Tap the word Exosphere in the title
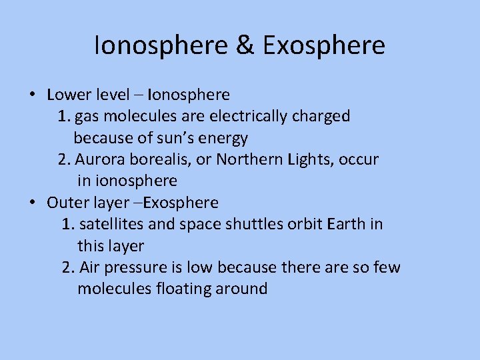tap(324, 45)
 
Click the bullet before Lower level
tap(32, 95)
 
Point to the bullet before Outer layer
tap(32, 202)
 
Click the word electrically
tap(251, 116)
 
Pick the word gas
tap(86, 116)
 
